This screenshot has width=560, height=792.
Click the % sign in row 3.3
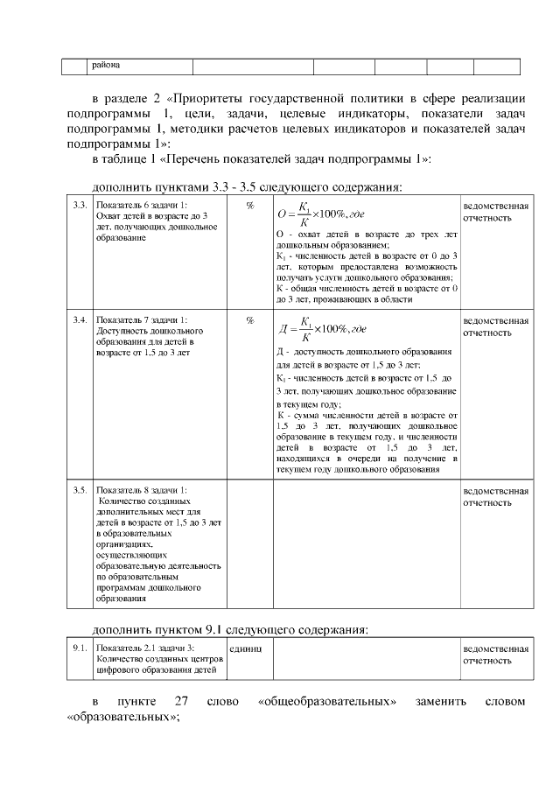pos(250,205)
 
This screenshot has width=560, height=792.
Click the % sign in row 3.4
pos(250,320)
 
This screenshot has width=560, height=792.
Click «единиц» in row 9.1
pos(245,648)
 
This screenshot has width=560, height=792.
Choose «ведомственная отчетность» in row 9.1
pos(495,655)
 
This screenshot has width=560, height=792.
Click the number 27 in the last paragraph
pos(182,702)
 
